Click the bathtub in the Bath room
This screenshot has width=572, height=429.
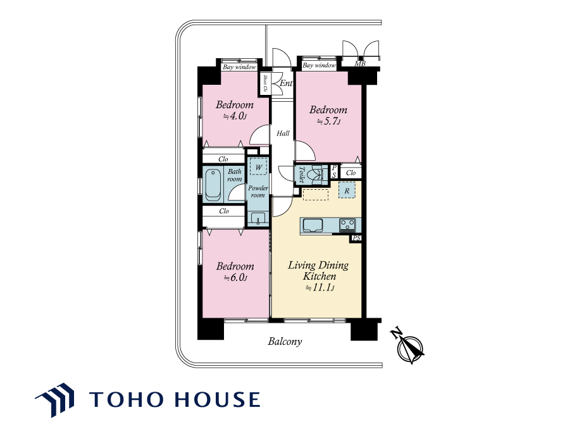[213, 185]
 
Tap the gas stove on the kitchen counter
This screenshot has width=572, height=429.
[347, 225]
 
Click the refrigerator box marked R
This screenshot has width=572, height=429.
[347, 190]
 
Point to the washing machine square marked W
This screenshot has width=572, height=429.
[259, 167]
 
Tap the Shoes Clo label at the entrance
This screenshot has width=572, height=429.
[265, 83]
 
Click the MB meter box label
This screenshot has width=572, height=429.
[360, 64]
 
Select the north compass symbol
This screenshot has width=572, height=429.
[409, 347]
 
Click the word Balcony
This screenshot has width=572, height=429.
[285, 342]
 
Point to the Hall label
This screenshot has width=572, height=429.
[283, 133]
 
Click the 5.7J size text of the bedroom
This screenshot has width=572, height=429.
[328, 121]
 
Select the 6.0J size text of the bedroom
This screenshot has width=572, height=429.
[235, 278]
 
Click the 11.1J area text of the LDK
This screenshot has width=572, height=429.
[320, 287]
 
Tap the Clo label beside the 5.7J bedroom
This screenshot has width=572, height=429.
[351, 173]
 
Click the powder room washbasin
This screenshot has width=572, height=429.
[258, 218]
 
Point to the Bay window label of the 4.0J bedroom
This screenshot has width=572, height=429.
[240, 67]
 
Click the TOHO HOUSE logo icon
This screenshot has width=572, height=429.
[56, 399]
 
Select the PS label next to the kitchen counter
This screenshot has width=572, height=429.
[356, 238]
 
